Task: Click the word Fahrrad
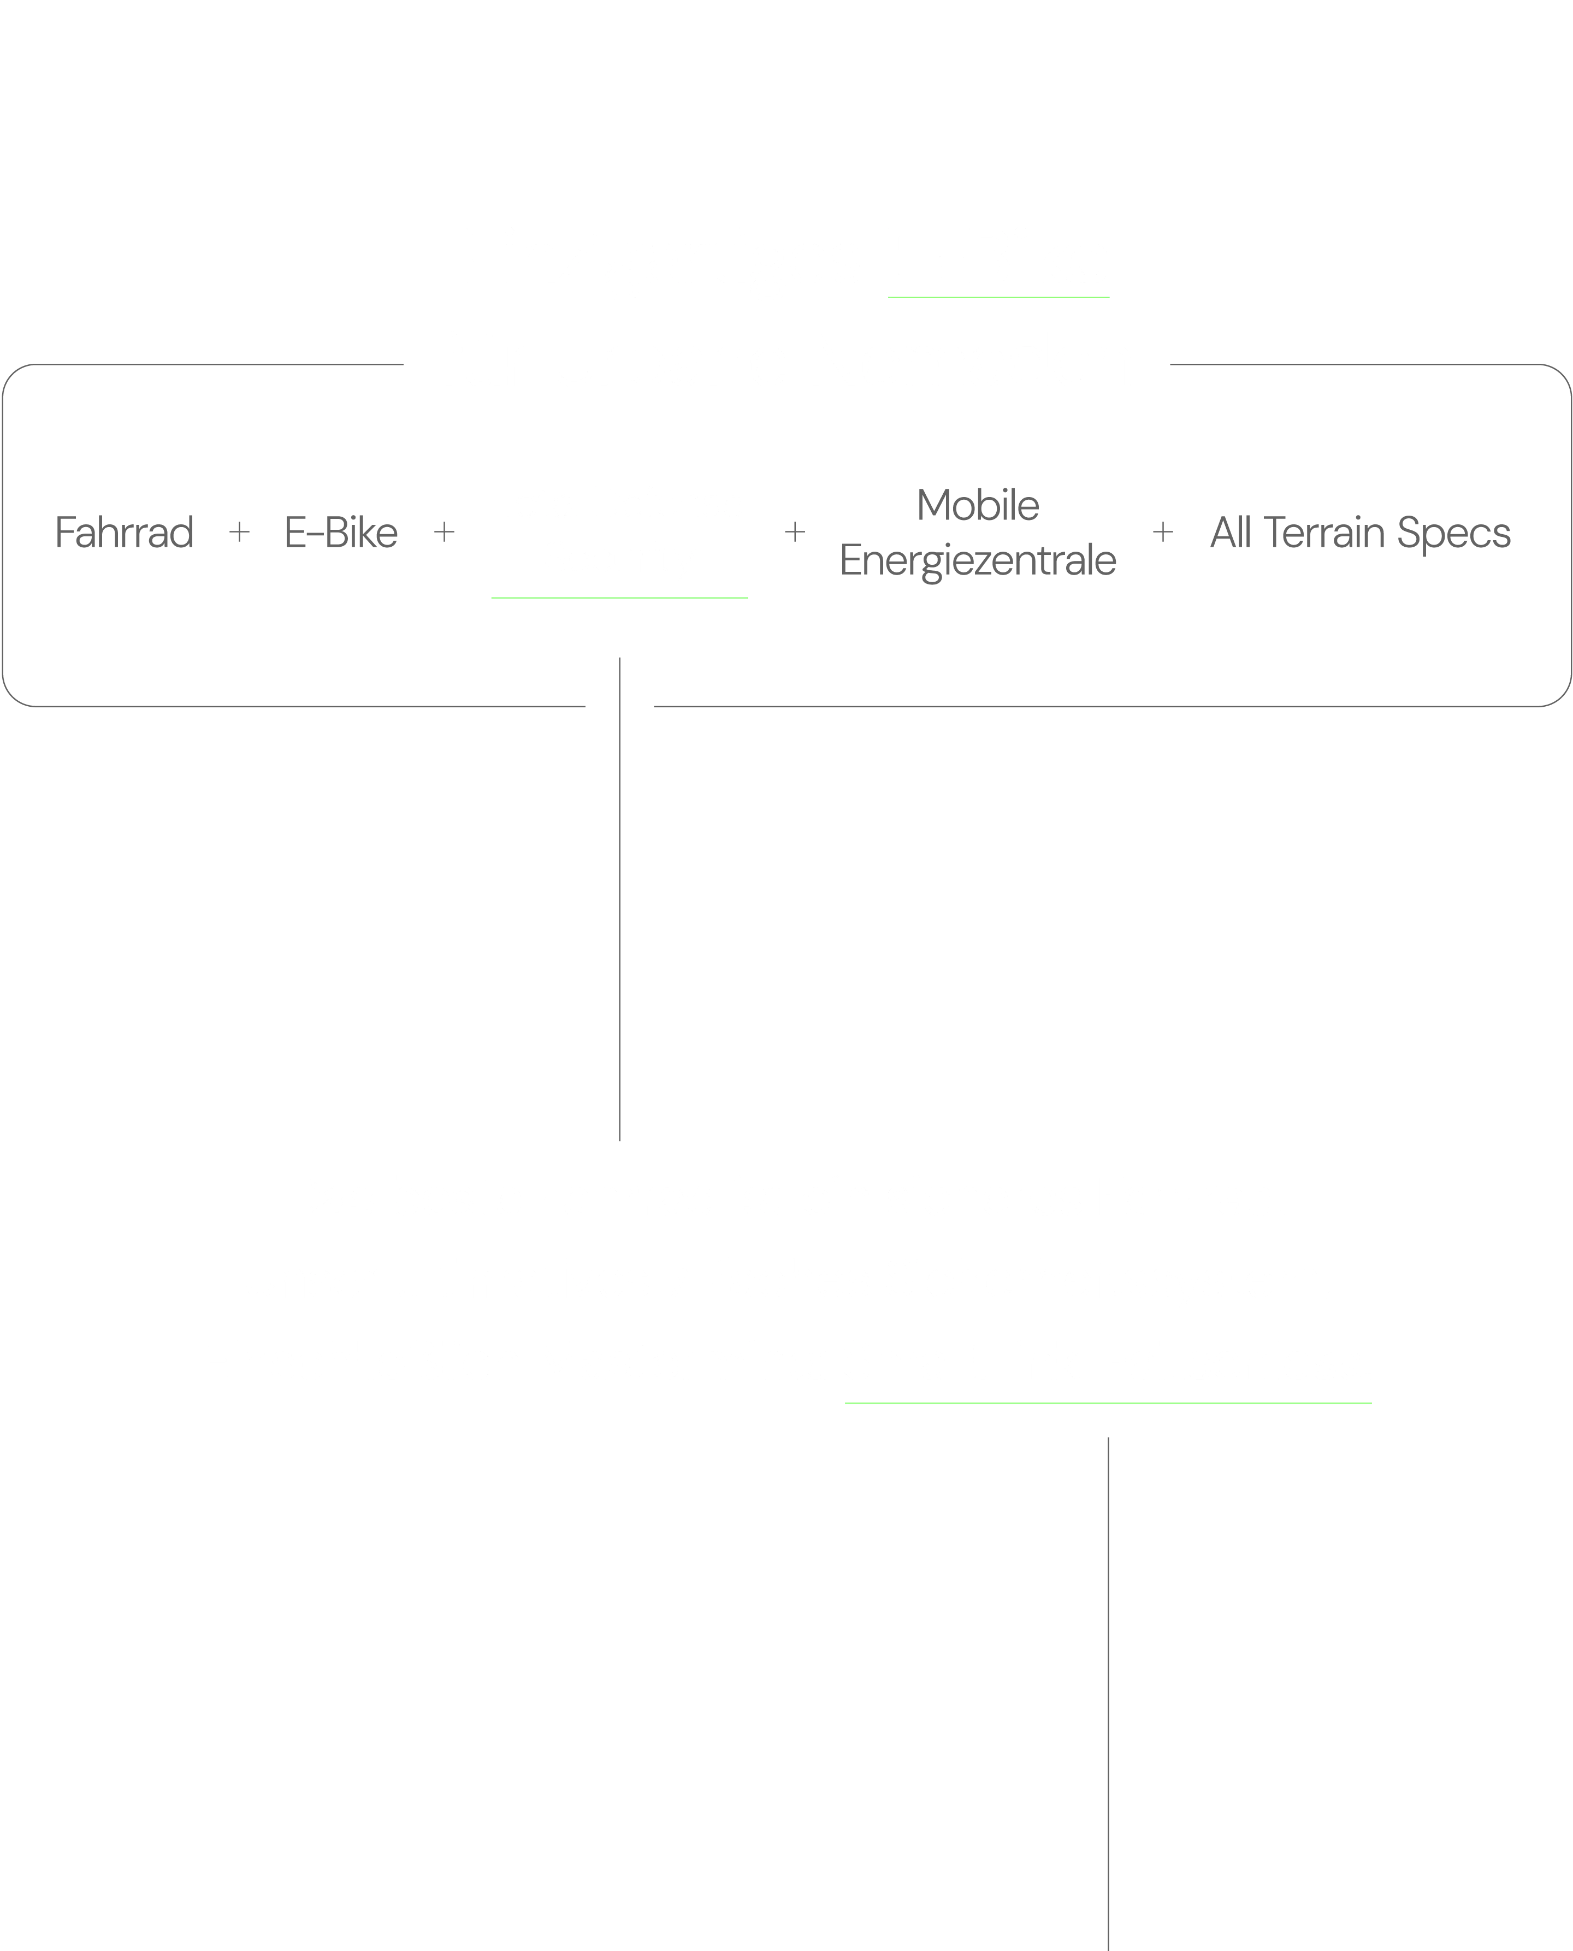124,532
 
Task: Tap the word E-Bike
341,532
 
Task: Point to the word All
1231,532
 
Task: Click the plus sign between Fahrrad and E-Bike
239,532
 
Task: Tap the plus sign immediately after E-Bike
444,532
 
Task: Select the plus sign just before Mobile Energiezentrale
795,532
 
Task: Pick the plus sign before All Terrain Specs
1162,532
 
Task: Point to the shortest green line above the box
998,297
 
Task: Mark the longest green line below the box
1108,1403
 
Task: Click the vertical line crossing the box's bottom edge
620,899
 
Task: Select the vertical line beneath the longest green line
1108,1694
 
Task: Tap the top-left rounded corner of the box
13,374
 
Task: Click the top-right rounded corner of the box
1561,374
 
